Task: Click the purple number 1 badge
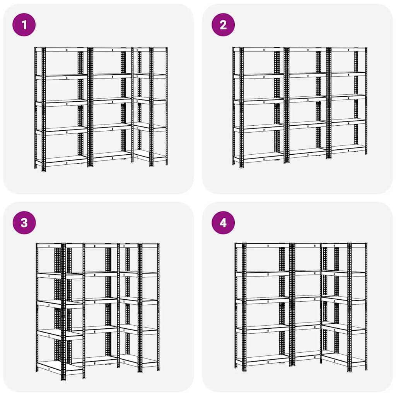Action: click(24, 25)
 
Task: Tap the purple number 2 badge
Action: click(223, 25)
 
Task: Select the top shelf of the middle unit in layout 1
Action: click(110, 49)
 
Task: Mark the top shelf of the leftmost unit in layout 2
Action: click(259, 49)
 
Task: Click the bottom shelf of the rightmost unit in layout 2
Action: click(348, 148)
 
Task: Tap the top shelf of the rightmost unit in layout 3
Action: click(139, 246)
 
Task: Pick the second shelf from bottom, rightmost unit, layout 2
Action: click(348, 122)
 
